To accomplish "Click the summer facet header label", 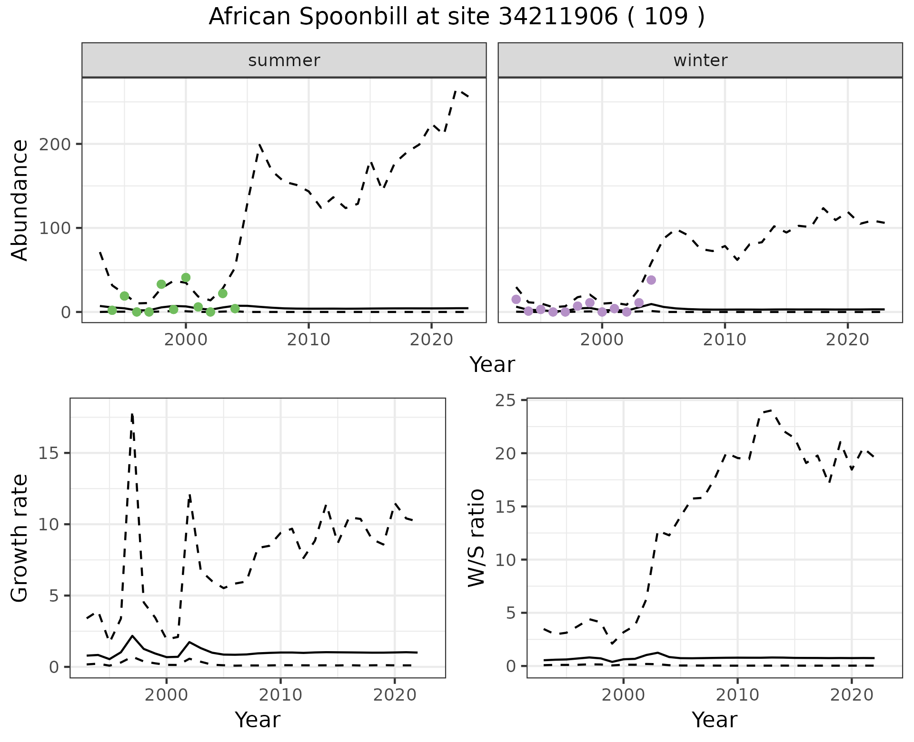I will [284, 60].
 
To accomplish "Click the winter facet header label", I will [700, 60].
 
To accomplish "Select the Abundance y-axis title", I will [20, 200].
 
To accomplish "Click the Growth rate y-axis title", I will [20, 538].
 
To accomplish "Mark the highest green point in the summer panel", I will [186, 278].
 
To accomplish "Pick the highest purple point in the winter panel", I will [651, 280].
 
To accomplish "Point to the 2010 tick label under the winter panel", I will [725, 340].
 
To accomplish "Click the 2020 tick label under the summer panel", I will [431, 340].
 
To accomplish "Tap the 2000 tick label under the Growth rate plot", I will [166, 695].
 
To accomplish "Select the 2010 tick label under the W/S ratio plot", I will [737, 695].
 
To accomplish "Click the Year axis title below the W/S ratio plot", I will [715, 720].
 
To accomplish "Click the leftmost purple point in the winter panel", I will [516, 299].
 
